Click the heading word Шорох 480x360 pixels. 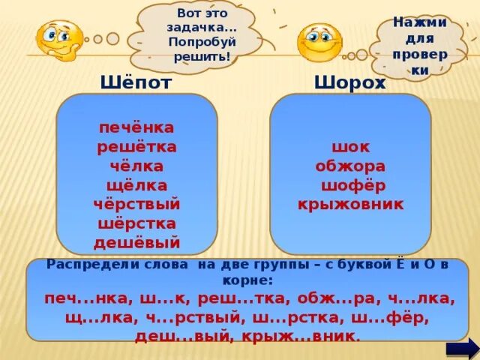350,82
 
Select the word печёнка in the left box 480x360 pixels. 136,127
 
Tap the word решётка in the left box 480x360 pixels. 136,147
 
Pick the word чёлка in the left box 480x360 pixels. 136,166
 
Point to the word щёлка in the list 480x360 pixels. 136,185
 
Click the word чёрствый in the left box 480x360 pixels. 136,204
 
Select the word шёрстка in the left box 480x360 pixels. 136,223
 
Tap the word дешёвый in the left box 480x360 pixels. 136,242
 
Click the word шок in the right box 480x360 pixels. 350,147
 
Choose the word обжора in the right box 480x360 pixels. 350,166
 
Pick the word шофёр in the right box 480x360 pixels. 350,185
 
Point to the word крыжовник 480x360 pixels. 350,204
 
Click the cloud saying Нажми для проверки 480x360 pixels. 420,45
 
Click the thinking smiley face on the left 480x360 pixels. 60,38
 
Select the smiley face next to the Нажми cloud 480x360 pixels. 319,42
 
